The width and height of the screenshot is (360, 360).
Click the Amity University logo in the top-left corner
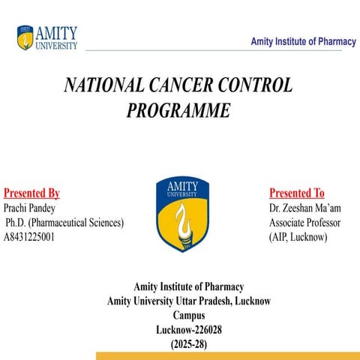point(47,37)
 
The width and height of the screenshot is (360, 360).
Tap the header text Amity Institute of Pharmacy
point(303,42)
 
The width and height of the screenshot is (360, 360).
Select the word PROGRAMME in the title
point(178,111)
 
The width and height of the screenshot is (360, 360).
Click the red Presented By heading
point(31,193)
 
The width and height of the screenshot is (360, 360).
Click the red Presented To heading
point(296,193)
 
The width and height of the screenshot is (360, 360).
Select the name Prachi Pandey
point(29,208)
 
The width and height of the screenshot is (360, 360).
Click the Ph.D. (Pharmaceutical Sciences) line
point(64,223)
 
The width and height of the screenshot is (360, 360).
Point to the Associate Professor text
point(304,223)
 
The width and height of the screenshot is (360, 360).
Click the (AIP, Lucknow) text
point(298,237)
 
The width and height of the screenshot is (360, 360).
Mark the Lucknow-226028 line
point(188,330)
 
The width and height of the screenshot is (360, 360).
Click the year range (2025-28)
point(188,344)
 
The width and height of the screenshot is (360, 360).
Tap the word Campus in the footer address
point(188,316)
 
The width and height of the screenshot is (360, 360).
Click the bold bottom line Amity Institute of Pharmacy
point(188,286)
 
